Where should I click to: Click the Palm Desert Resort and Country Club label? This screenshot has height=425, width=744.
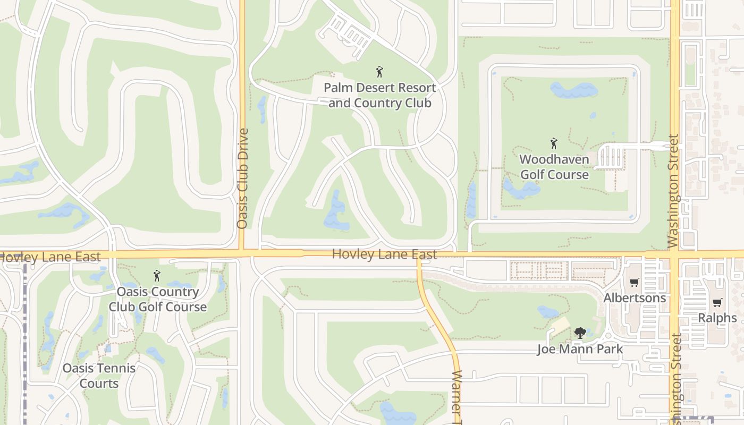[379, 95]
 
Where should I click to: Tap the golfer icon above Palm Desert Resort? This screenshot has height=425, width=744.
[379, 72]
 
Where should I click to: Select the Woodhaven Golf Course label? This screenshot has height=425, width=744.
[554, 167]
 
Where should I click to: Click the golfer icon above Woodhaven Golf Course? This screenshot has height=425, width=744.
[554, 143]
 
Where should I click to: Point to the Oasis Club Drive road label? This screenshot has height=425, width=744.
[243, 178]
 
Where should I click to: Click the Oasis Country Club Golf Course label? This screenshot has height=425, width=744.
[157, 299]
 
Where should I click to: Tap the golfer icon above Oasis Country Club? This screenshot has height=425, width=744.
[157, 276]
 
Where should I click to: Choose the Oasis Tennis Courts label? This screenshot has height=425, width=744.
[99, 376]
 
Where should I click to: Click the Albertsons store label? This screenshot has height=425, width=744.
[635, 297]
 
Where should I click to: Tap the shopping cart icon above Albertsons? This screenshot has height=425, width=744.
[634, 283]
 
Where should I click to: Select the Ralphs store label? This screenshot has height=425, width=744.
[717, 318]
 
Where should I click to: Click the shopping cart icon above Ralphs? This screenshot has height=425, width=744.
[717, 303]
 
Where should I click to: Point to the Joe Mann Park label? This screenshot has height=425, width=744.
[580, 349]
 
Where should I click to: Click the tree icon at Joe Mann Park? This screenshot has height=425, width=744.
[580, 333]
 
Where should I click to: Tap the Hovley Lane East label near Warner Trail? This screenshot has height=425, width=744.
[384, 254]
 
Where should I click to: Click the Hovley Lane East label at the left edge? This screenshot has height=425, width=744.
[50, 257]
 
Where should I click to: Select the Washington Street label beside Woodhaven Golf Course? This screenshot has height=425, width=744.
[673, 191]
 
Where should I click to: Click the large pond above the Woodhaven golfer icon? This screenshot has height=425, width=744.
[573, 90]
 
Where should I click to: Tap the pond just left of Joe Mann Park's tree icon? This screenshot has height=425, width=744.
[547, 312]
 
